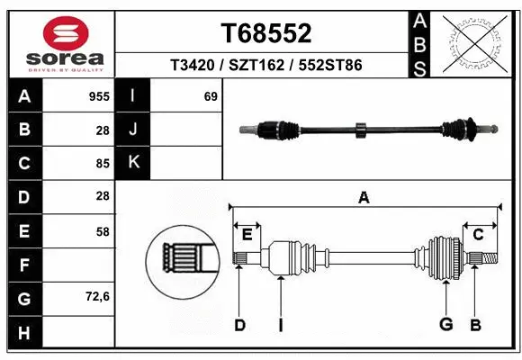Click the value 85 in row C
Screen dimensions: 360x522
pos(102,163)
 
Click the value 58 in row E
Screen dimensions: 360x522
pos(102,230)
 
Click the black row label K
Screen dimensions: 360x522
pos(133,163)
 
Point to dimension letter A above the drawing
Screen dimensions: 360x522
pos(364,197)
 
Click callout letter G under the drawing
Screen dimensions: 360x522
pos(445,325)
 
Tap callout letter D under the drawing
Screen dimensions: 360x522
pos(239,325)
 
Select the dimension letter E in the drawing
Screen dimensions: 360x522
pos(247,236)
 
